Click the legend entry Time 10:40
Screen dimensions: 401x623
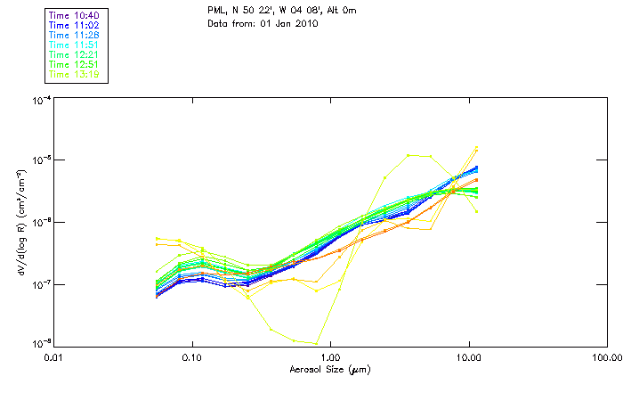(x=74, y=15)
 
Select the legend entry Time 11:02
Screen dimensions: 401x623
(x=74, y=25)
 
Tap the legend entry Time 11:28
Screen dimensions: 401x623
(x=74, y=35)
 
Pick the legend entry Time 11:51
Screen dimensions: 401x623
(x=74, y=45)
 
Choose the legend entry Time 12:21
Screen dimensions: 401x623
(x=74, y=54)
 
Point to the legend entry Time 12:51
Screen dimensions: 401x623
(x=74, y=64)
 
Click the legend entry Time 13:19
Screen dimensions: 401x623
(x=74, y=74)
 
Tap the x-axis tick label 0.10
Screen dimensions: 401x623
(x=192, y=356)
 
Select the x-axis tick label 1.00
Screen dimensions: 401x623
(x=330, y=356)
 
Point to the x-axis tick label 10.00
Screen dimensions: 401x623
(x=468, y=356)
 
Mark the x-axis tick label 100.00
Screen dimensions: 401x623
(x=606, y=356)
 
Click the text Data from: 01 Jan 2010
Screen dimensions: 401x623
(x=263, y=23)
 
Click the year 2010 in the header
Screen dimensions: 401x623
(x=305, y=23)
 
